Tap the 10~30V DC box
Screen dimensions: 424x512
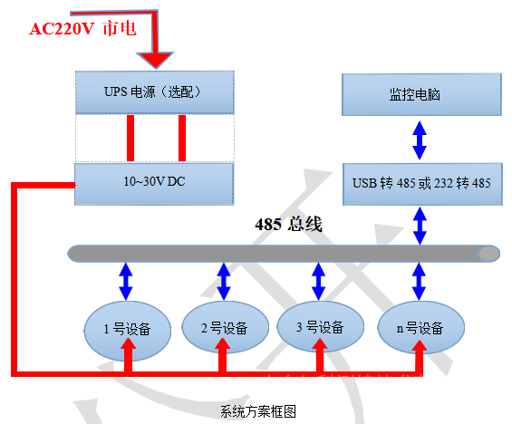point(154,183)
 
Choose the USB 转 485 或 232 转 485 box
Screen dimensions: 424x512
point(420,183)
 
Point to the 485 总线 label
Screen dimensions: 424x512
point(288,224)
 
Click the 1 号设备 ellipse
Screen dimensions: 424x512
point(130,327)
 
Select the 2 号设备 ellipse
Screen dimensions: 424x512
point(223,327)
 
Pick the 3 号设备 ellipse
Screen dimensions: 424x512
point(317,327)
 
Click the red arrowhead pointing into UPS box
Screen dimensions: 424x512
point(159,60)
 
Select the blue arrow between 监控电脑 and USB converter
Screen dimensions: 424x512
point(420,140)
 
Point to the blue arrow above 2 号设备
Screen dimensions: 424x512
point(223,280)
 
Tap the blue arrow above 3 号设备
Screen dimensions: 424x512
point(317,280)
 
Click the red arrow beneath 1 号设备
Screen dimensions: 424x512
point(130,359)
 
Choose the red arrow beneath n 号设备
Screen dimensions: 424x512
point(420,359)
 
